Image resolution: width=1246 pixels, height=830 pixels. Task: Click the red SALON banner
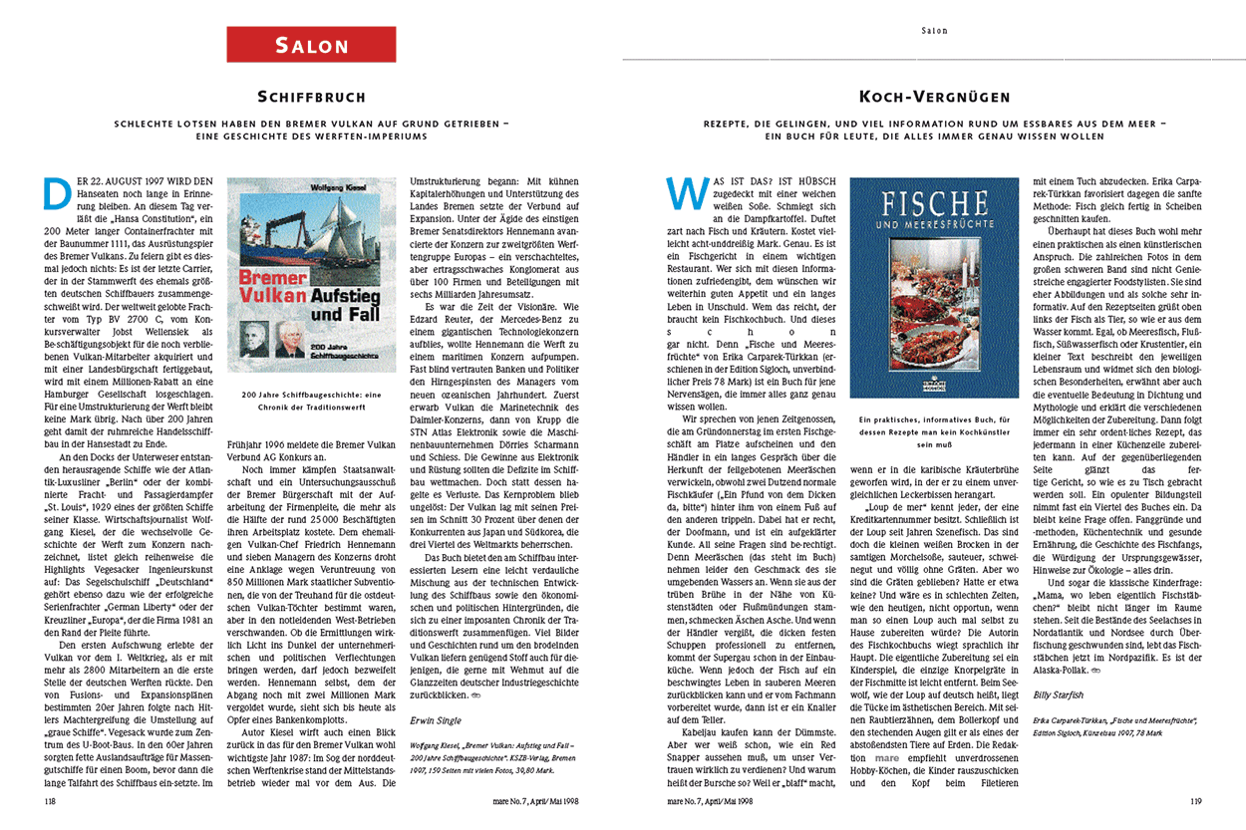coord(311,45)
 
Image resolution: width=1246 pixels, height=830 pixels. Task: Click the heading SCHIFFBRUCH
coord(311,98)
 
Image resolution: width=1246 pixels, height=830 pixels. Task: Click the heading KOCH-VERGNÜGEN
coord(934,98)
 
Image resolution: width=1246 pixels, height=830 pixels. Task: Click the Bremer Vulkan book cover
coord(312,275)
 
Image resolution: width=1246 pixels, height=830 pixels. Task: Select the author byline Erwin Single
coord(435,718)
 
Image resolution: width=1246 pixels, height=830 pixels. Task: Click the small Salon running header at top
coord(934,30)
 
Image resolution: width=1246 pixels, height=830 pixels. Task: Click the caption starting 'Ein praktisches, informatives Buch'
coord(934,421)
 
